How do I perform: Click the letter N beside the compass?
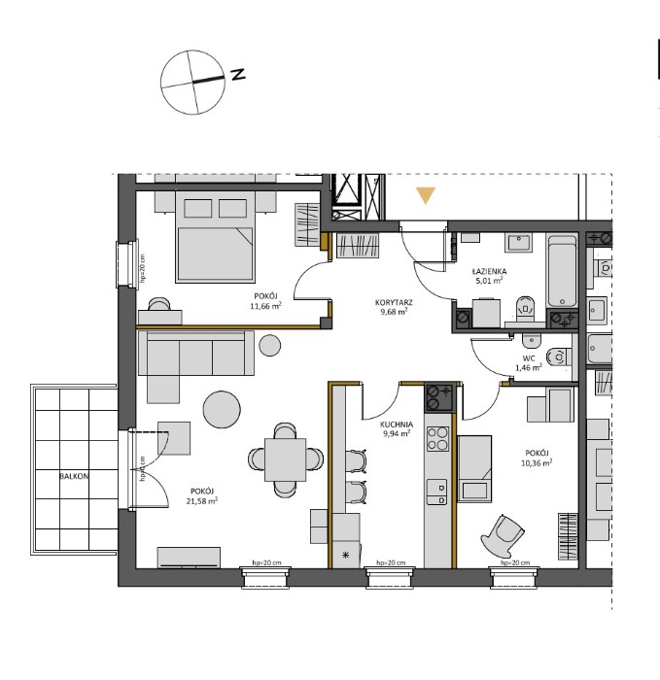coord(238,74)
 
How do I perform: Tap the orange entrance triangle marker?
coord(425,194)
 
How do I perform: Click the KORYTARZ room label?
coord(394,302)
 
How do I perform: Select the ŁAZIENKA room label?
coord(489,271)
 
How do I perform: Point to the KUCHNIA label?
coord(397,425)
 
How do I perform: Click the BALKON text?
coord(74,476)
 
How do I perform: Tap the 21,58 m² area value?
coord(204,501)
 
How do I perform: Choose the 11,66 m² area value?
coord(265,306)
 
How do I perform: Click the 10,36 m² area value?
coord(537,462)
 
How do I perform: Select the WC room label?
coord(529,358)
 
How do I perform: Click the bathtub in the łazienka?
coord(562,271)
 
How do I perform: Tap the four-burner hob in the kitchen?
coord(437,439)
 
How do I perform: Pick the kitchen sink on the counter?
coord(437,492)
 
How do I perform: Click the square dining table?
coord(285,459)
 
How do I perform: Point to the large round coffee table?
coord(222,409)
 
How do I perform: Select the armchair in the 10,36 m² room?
coord(503,536)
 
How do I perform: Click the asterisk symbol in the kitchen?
coord(345,555)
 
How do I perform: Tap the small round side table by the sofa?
coord(270,345)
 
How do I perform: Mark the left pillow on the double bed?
coord(198,208)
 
